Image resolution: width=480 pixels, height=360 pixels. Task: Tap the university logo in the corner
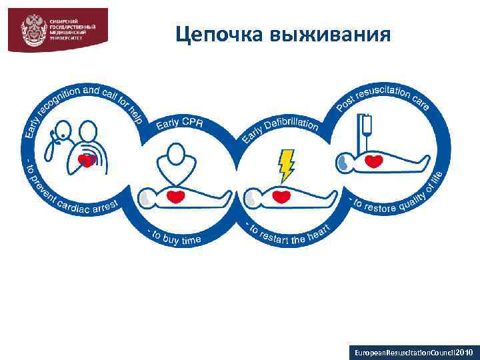(57, 29)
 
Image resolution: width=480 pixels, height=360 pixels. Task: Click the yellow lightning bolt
(287, 165)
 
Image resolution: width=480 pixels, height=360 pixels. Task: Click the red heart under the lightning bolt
(283, 197)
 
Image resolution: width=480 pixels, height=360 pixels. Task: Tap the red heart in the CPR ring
(175, 197)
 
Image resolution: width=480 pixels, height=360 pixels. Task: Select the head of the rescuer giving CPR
(176, 155)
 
